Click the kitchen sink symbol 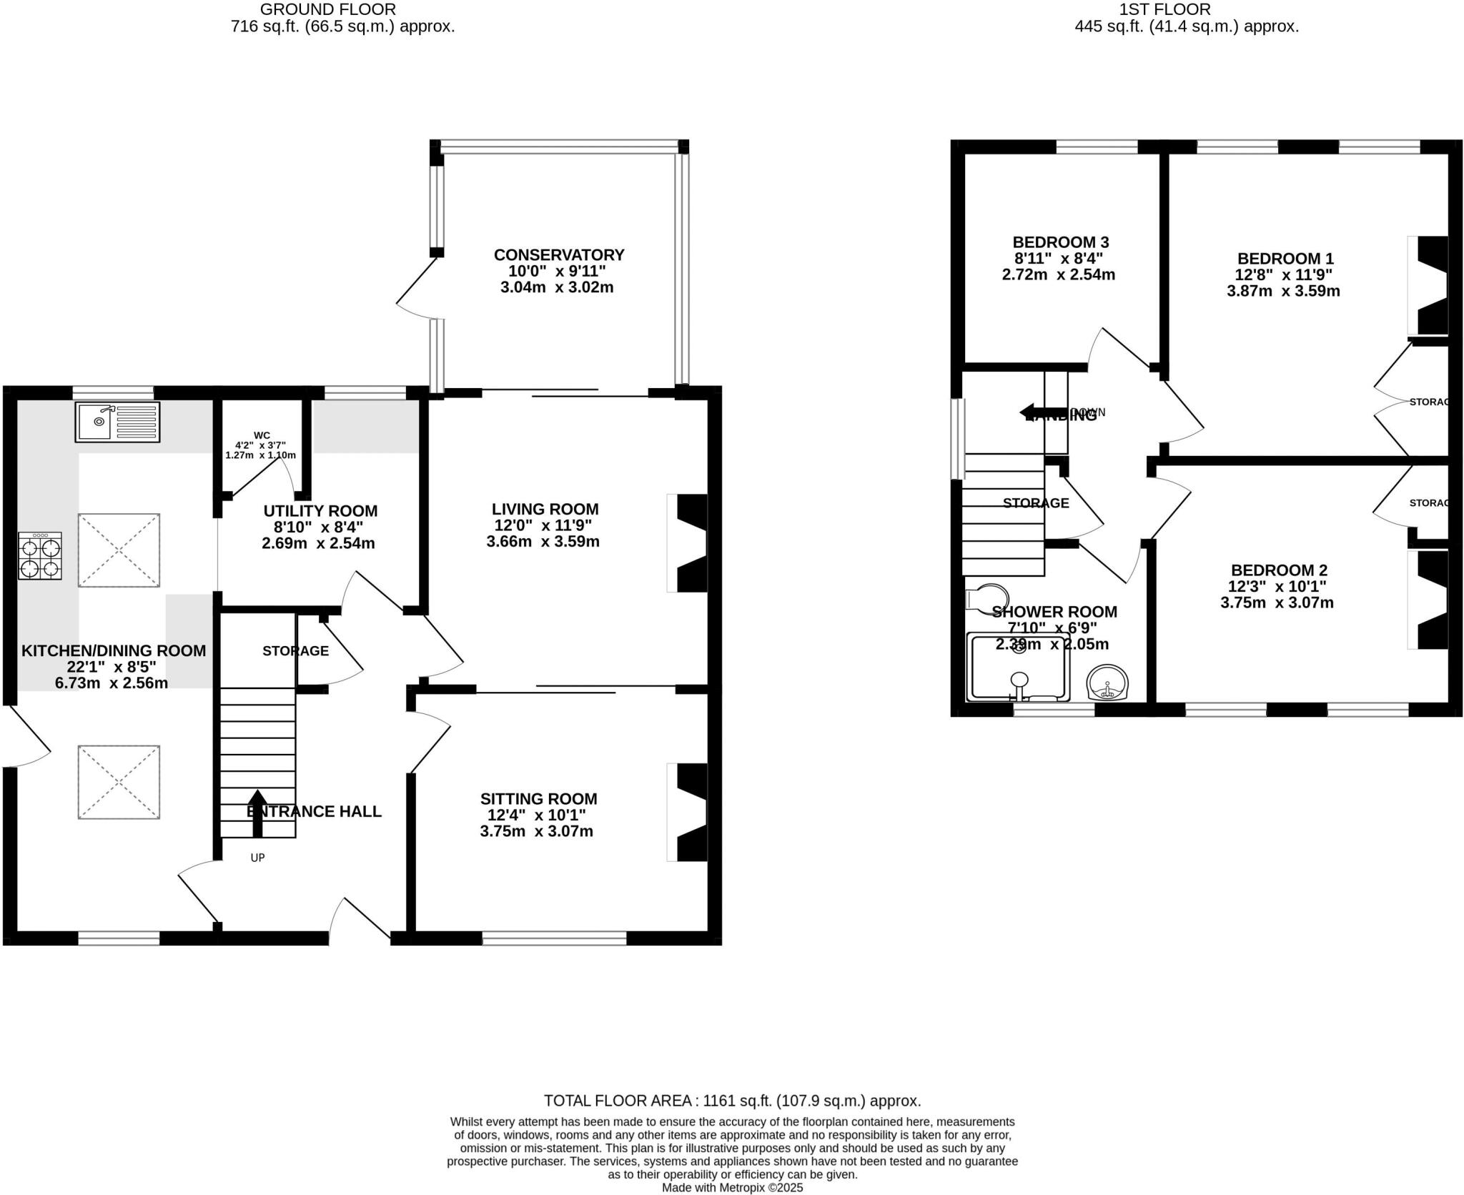click(117, 421)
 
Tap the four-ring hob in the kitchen click(40, 555)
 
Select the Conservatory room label click(559, 255)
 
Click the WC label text click(262, 435)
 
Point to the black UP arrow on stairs click(257, 813)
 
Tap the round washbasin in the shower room click(1107, 683)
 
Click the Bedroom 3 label click(1060, 242)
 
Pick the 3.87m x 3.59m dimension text click(1283, 291)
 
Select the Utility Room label click(320, 511)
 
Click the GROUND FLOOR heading click(327, 9)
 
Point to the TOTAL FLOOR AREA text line click(732, 1101)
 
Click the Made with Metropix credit click(732, 1188)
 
